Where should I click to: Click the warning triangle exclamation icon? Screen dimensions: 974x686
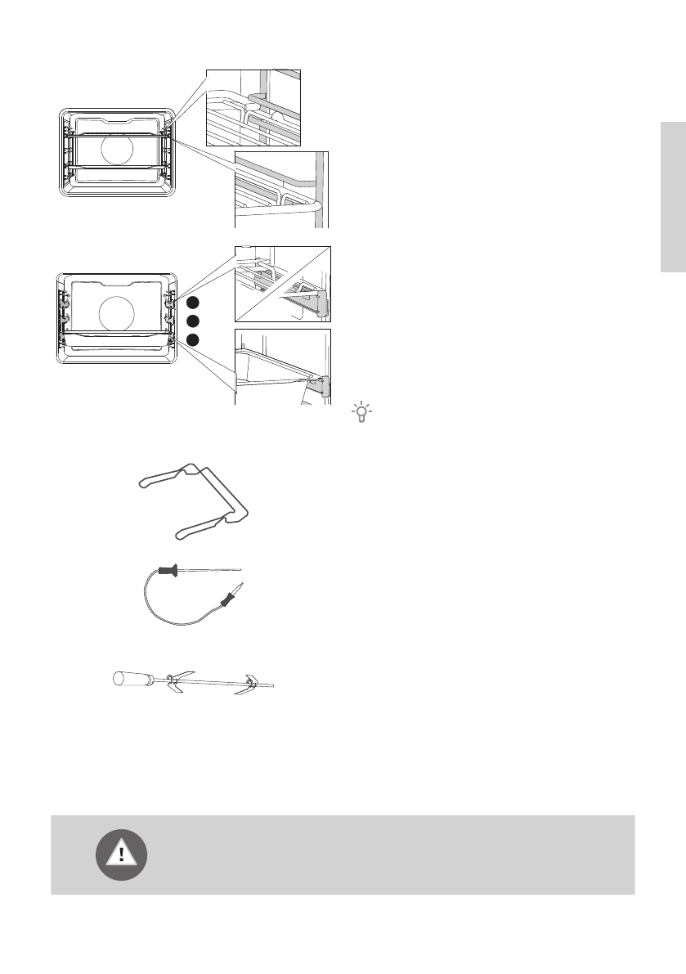[x=122, y=855]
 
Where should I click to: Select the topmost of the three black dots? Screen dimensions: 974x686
[x=191, y=300]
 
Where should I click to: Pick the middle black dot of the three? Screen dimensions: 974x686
[x=191, y=321]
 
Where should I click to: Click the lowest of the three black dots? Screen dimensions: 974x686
[x=191, y=339]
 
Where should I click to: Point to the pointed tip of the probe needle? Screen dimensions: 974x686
[x=242, y=568]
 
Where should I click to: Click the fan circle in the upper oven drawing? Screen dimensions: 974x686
[x=119, y=150]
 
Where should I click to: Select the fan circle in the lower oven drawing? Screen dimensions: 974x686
[x=114, y=312]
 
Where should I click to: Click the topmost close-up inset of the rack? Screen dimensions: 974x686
[x=253, y=106]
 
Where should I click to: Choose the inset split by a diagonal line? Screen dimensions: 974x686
[x=283, y=283]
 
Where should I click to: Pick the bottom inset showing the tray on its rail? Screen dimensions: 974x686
[x=283, y=366]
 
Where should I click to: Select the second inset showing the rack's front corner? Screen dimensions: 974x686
[x=281, y=189]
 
